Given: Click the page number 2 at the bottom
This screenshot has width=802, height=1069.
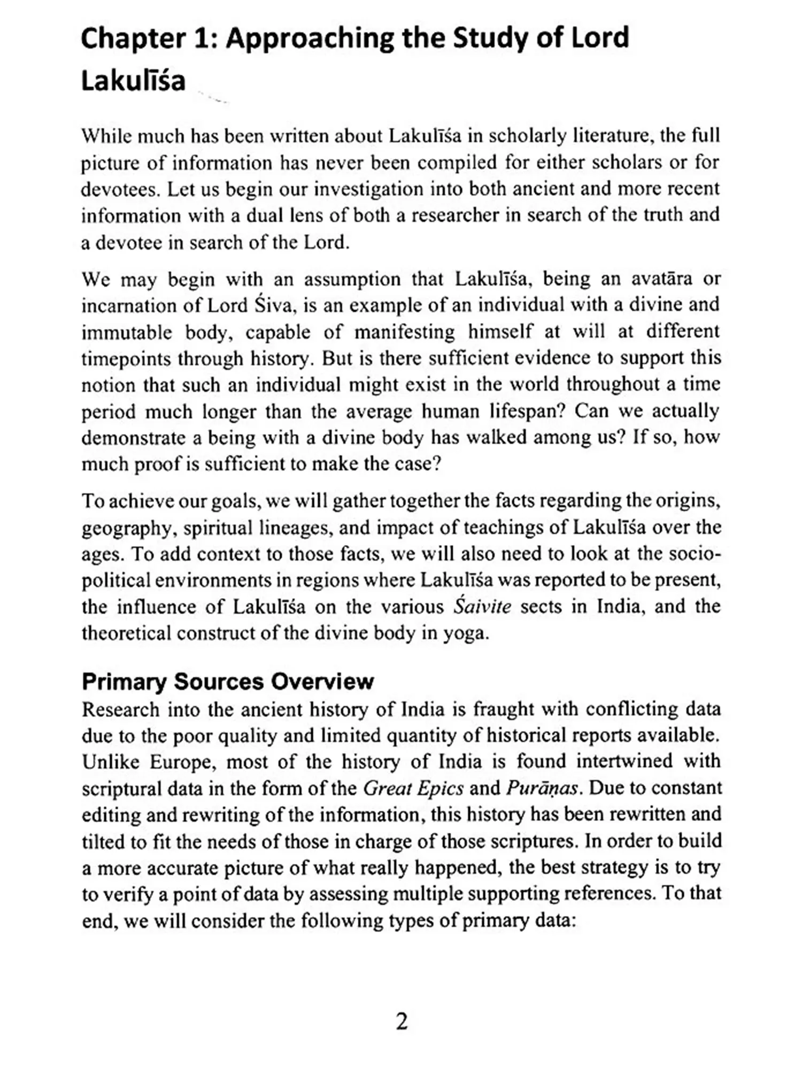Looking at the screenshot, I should [x=402, y=1021].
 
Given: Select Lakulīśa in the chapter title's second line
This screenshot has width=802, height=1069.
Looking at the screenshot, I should [x=133, y=81].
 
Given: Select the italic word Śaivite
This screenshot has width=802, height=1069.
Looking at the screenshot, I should [x=482, y=607].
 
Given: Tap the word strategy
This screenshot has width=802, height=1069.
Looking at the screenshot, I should [x=627, y=867].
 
